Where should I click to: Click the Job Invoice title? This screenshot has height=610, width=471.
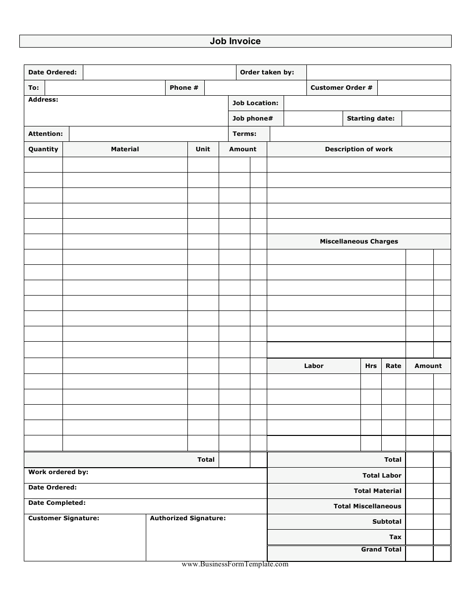pos(235,41)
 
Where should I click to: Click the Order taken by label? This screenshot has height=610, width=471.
pos(267,72)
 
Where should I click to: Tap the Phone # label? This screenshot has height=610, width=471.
pos(184,88)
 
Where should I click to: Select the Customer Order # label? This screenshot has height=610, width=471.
pos(341,88)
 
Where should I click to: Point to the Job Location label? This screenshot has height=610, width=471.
pos(255,103)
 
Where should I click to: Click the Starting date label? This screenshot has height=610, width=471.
pos(371,119)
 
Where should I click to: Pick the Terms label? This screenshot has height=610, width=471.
pos(244,134)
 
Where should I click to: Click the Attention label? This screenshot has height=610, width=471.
pos(46,134)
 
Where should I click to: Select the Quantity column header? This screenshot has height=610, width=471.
pos(43,149)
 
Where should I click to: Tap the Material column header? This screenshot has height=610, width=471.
pos(125,149)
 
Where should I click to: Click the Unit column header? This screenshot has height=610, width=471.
pos(203,149)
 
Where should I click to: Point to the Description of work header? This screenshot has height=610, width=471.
pos(358,149)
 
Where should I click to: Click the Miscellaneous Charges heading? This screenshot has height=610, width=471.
pos(358,242)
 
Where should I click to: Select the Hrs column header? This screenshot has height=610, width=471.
pos(371,366)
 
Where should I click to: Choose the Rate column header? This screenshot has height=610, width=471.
pos(393,366)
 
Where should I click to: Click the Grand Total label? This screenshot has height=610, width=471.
pos(381,549)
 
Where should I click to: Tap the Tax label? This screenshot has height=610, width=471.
pos(395,537)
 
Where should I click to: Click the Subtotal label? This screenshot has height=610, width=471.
pos(387,522)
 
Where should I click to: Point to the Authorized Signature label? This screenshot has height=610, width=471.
pos(188,518)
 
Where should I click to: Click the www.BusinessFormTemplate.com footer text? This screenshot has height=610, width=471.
pos(235,564)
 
